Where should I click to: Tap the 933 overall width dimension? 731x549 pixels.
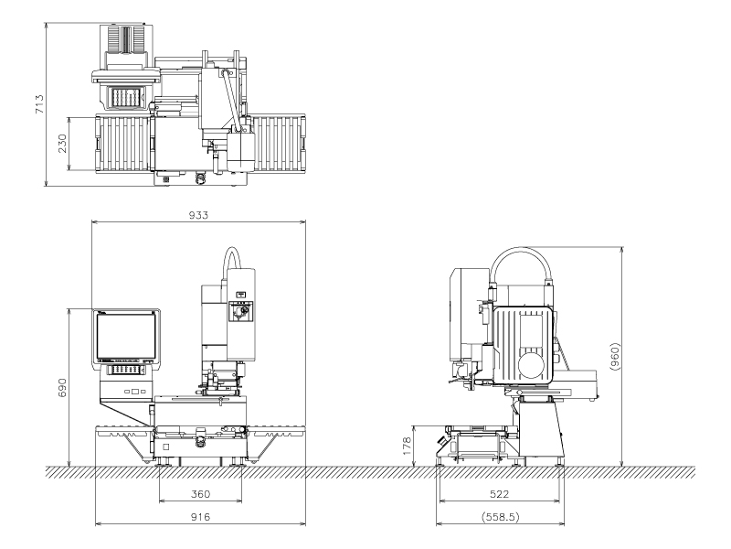coord(198,215)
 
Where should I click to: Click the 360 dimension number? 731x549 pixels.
coord(200,494)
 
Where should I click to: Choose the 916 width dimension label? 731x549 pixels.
coord(200,517)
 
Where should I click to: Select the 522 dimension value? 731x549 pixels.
coord(500,494)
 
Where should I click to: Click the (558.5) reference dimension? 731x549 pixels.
coord(500,517)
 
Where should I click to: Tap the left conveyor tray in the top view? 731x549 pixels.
coord(122,146)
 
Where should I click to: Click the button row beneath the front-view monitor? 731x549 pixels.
coord(127,369)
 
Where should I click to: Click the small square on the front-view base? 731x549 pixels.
coord(165,447)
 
